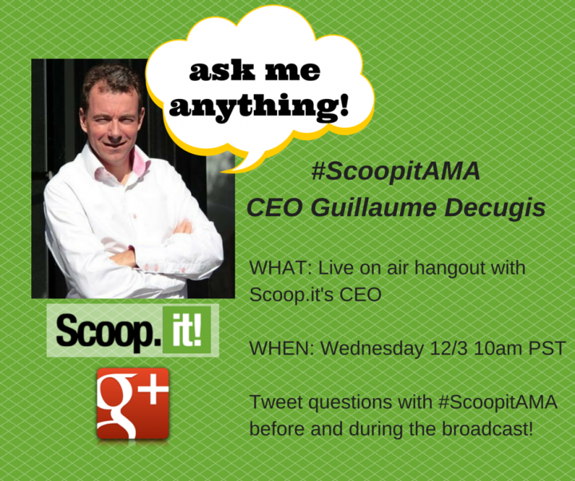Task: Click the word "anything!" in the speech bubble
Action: [258, 106]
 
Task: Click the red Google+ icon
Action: [133, 404]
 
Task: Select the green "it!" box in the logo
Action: [187, 330]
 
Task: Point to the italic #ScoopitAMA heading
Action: [395, 171]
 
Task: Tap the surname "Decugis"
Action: [495, 208]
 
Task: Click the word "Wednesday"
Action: [372, 349]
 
